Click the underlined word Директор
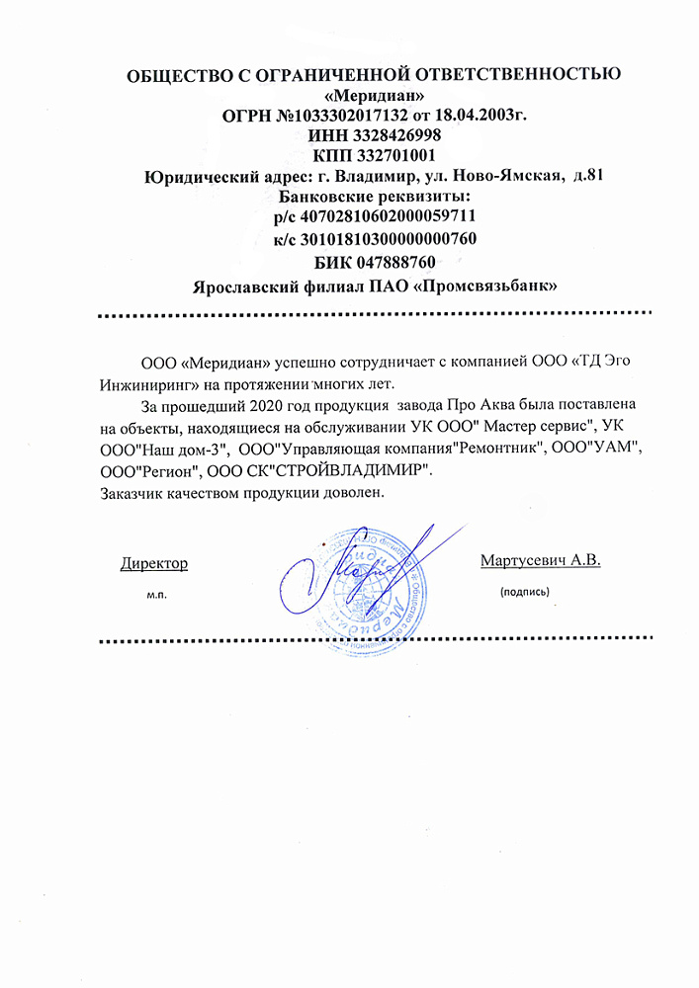point(154,563)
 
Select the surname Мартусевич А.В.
point(541,561)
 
